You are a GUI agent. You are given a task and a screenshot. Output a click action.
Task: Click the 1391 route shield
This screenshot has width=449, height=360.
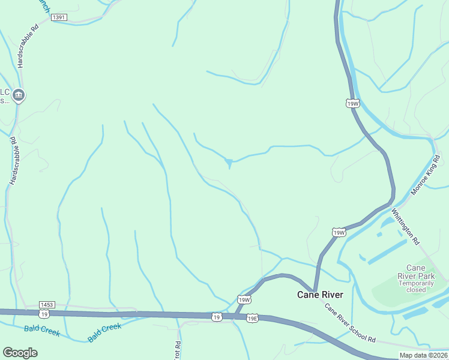(58, 17)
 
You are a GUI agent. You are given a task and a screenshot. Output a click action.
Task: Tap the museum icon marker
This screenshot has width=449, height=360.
(19, 94)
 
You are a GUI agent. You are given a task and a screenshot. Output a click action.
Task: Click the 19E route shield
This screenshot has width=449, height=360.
(252, 318)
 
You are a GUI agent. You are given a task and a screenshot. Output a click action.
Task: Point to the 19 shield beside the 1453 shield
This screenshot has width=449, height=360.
(44, 314)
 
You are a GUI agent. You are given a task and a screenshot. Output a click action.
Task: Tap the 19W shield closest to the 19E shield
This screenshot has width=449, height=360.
(243, 299)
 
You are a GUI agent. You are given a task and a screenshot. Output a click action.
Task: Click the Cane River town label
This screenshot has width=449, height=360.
(321, 295)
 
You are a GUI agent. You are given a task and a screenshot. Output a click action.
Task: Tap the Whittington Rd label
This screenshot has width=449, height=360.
(406, 226)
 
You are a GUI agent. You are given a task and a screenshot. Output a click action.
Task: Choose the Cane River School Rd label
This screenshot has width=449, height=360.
(350, 323)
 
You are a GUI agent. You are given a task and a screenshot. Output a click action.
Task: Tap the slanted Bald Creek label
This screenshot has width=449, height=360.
(104, 332)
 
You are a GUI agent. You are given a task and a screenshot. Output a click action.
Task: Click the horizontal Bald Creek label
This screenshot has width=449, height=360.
(42, 331)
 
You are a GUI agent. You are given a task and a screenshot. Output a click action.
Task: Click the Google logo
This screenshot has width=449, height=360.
(20, 353)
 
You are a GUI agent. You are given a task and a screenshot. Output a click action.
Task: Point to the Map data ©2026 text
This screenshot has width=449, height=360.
(423, 355)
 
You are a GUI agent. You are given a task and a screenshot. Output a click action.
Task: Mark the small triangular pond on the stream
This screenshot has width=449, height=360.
(229, 162)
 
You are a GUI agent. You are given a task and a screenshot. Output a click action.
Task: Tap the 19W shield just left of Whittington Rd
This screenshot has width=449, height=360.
(339, 232)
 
